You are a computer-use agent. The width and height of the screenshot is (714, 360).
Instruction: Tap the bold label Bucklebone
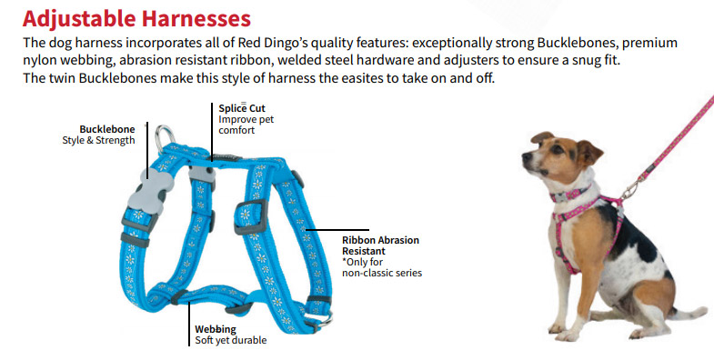coord(106,128)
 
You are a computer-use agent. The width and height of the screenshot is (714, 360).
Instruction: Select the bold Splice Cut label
coord(242,108)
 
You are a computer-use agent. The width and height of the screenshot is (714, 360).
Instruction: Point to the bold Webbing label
coord(216,329)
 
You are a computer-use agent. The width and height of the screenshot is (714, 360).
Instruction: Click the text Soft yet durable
coord(231,341)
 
